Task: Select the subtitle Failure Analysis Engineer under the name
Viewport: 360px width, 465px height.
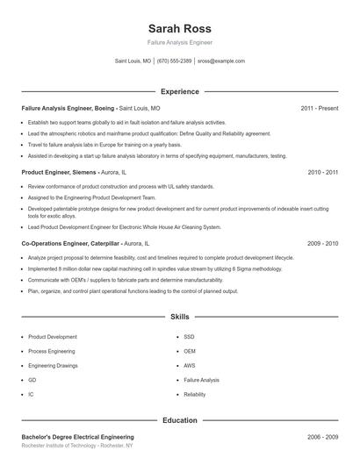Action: (x=180, y=42)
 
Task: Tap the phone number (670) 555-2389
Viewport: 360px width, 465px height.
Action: (x=174, y=61)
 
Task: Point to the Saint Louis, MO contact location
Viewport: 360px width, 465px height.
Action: (x=133, y=61)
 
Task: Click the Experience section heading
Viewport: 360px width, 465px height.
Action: (x=180, y=91)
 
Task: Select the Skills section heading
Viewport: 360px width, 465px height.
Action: (x=180, y=316)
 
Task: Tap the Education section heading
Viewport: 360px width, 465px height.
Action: (x=180, y=420)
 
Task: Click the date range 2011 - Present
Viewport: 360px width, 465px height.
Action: (x=319, y=108)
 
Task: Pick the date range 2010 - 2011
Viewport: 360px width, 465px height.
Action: (x=322, y=173)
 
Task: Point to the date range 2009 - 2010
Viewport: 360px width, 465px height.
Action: (x=322, y=242)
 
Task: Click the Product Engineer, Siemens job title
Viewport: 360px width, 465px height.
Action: (x=59, y=173)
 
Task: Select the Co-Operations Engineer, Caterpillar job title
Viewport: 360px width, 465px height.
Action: (x=70, y=242)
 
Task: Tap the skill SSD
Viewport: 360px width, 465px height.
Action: (x=189, y=336)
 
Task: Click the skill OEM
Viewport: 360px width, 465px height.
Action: (x=190, y=351)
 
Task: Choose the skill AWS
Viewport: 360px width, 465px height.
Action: (x=190, y=365)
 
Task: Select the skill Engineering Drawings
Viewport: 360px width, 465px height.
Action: (x=52, y=365)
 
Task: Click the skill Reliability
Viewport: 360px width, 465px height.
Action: (x=195, y=395)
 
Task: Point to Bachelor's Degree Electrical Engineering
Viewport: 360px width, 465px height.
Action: (x=77, y=436)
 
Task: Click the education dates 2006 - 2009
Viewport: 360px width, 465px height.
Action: (x=322, y=436)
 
